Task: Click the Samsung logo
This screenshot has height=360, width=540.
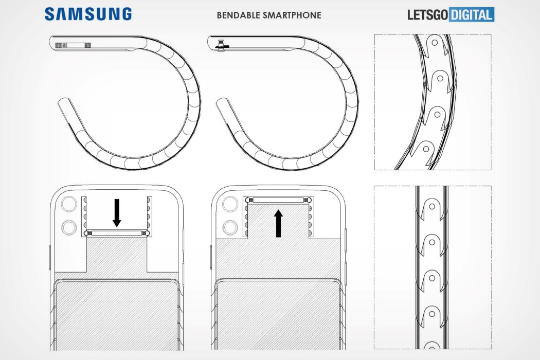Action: pos(88,14)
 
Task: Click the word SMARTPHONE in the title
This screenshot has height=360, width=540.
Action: pos(292,15)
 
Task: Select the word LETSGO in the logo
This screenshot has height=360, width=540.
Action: pos(428,15)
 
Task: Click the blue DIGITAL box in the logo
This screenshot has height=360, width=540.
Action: pos(472,14)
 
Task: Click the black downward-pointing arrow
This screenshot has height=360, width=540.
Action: pos(117,212)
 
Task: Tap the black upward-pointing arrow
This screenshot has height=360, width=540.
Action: pos(278,224)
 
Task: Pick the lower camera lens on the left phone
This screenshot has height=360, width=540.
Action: pos(69,228)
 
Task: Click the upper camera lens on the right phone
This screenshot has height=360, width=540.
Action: pos(230,204)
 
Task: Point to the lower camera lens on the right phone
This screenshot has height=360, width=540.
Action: pos(230,228)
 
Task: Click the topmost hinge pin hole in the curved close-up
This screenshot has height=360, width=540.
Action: pos(435,43)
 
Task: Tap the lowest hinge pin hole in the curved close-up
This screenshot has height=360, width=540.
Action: pos(426,149)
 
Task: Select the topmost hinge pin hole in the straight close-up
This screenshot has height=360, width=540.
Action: pos(432,207)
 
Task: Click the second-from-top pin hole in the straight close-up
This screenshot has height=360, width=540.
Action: pos(432,242)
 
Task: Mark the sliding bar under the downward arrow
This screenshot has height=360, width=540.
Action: pos(117,233)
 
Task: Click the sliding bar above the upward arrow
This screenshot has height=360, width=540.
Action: pos(278,200)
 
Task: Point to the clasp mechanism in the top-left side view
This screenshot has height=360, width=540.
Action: pos(73,45)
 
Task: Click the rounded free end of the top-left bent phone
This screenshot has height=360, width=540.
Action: pos(64,103)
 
